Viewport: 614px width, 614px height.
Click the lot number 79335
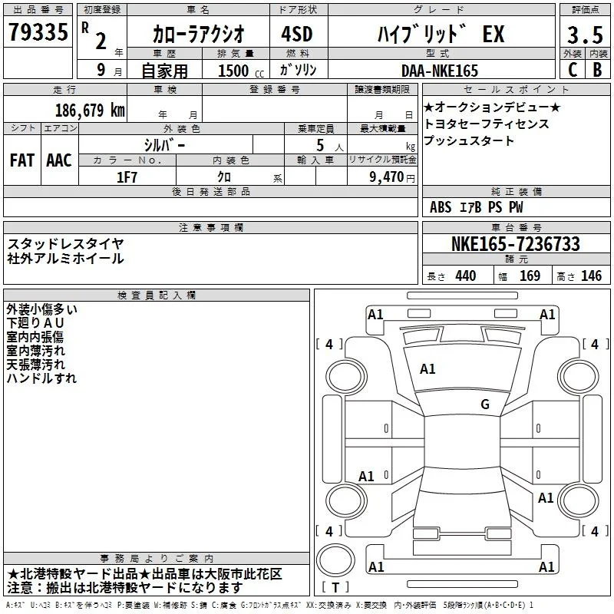click(38, 31)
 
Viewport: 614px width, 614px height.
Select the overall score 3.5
click(585, 35)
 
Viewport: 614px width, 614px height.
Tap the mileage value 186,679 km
click(90, 110)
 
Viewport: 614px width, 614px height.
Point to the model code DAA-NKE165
click(440, 71)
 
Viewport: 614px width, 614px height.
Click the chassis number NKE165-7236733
click(515, 243)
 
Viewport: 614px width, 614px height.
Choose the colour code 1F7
click(127, 177)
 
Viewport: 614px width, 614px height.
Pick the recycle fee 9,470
click(387, 177)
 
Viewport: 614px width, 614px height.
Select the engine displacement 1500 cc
click(241, 71)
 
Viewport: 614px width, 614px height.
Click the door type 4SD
click(297, 34)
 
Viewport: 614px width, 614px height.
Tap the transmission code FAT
click(22, 160)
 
